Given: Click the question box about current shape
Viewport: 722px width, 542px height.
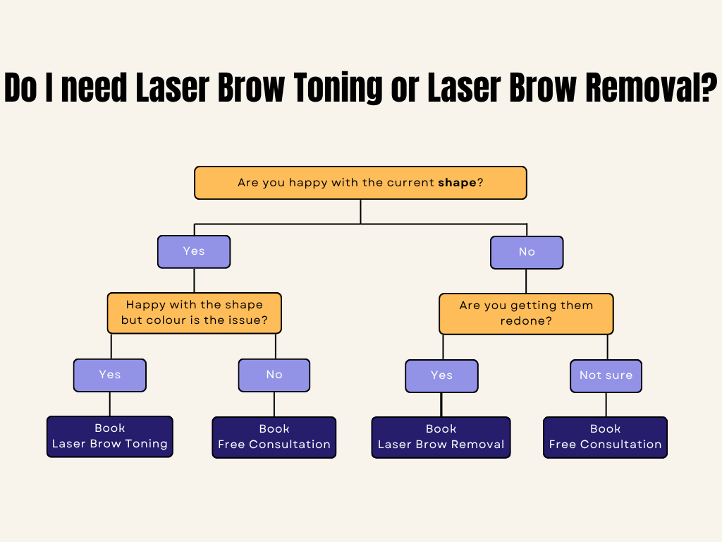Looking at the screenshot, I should pyautogui.click(x=360, y=183).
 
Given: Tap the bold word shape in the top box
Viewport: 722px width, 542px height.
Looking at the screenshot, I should pyautogui.click(x=457, y=183).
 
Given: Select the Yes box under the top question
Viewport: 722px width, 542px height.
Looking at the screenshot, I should pyautogui.click(x=194, y=252).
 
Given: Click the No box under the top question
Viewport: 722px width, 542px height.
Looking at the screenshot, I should pyautogui.click(x=527, y=253).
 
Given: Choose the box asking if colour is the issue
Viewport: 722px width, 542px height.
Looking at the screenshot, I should pyautogui.click(x=194, y=313).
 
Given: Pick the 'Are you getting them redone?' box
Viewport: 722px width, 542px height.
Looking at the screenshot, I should pyautogui.click(x=526, y=313).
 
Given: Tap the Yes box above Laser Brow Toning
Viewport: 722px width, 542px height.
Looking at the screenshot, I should pyautogui.click(x=110, y=375).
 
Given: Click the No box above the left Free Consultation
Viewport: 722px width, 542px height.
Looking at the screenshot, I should pyautogui.click(x=274, y=375).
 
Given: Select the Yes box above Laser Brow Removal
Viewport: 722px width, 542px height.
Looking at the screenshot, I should pyautogui.click(x=441, y=376).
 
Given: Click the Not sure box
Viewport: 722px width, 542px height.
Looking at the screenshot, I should pyautogui.click(x=606, y=376).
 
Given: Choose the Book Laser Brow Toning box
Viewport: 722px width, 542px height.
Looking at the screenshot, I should pyautogui.click(x=110, y=437).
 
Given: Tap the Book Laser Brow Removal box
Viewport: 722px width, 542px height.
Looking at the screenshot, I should pyautogui.click(x=441, y=438).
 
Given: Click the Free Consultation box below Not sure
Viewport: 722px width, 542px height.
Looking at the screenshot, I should pyautogui.click(x=606, y=438).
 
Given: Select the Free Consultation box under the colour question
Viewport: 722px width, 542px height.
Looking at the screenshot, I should pyautogui.click(x=274, y=438).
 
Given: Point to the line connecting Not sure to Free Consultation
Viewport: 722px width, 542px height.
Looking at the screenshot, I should pyautogui.click(x=606, y=404).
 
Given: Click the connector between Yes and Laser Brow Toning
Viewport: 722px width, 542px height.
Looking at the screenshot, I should pyautogui.click(x=110, y=404).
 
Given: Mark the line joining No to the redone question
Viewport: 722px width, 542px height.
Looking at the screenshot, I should pyautogui.click(x=527, y=281).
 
